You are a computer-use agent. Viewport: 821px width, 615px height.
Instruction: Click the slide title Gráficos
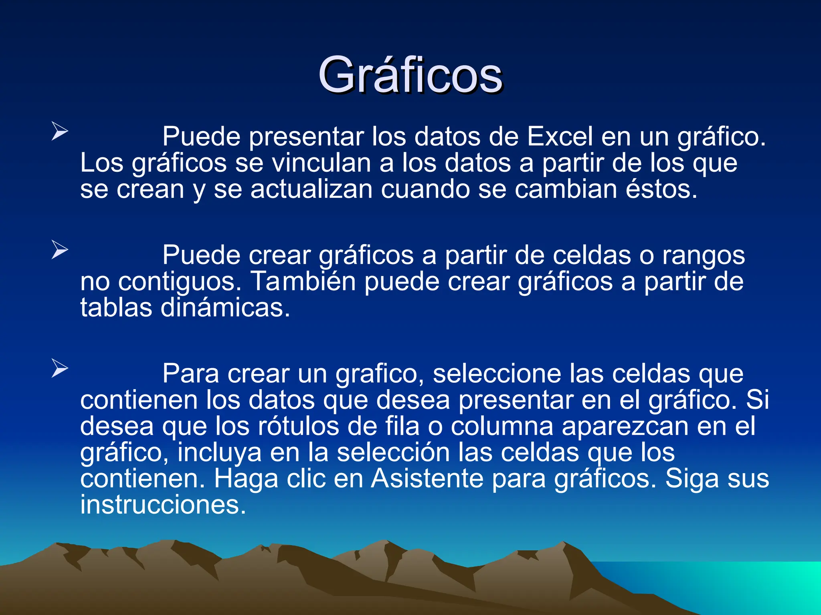point(410,75)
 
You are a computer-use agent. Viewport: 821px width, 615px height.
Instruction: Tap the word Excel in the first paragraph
point(560,137)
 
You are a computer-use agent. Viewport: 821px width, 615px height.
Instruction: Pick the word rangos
point(703,255)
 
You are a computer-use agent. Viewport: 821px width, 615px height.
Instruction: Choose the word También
point(303,281)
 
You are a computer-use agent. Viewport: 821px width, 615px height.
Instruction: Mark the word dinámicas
point(225,308)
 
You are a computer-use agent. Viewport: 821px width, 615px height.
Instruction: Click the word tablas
point(116,308)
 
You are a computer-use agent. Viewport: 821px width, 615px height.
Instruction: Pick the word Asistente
point(427,479)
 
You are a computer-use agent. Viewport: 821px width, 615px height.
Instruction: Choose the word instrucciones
point(163,505)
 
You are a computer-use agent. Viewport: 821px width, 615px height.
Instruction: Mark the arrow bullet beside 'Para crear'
point(60,368)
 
